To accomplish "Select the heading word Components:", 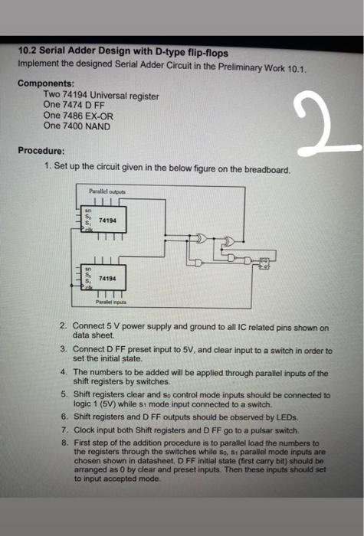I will pos(46,82).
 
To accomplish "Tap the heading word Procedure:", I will pos(41,150).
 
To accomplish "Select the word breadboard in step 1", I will pos(264,171).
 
